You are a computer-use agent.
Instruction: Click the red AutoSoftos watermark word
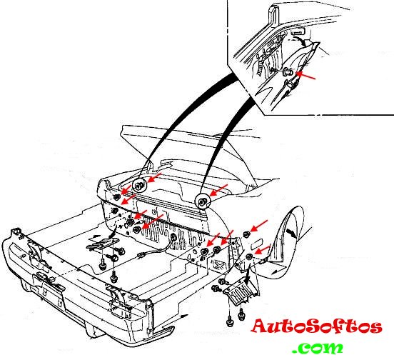pos(317,326)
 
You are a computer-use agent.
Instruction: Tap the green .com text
pos(318,348)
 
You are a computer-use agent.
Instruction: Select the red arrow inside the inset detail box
pos(305,76)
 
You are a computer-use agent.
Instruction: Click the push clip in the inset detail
pos(287,72)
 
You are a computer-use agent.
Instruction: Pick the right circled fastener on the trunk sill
pos(201,201)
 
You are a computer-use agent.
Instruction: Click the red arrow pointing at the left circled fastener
pos(154,177)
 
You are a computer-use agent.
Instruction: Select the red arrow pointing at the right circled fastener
pos(218,190)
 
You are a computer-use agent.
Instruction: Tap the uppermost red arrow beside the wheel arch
pos(259,226)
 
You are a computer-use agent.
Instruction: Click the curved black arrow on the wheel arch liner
pos(291,233)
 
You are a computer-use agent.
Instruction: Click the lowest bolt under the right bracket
pos(230,322)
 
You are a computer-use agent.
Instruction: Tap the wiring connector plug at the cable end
pos(141,256)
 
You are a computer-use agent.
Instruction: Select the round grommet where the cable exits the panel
pos(173,236)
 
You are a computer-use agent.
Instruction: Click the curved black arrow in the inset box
pos(301,41)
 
